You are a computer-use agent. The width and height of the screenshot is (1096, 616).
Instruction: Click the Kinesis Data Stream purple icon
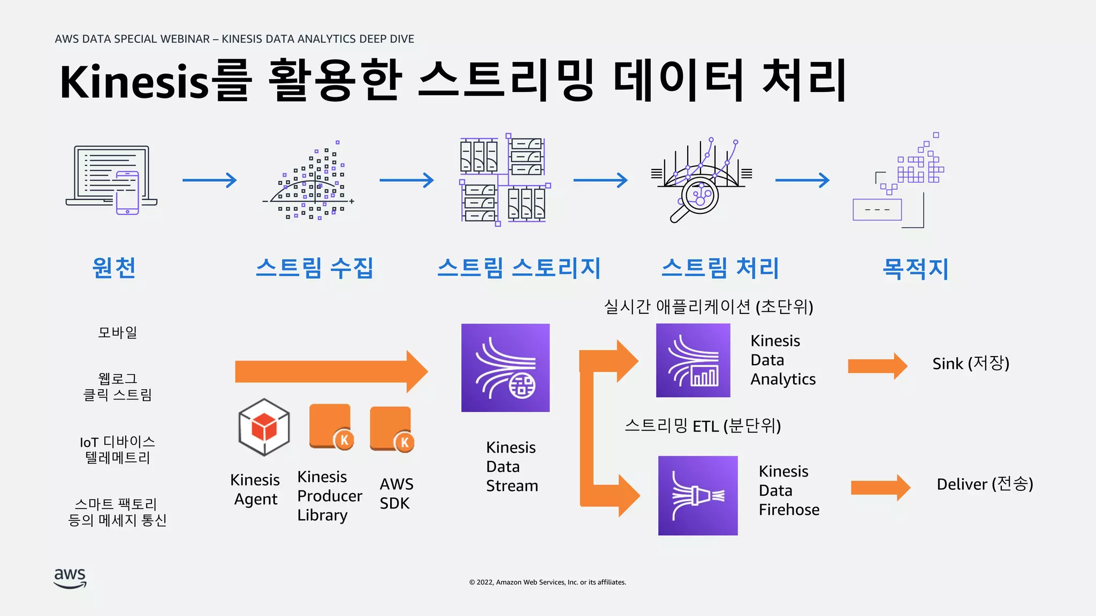tap(505, 368)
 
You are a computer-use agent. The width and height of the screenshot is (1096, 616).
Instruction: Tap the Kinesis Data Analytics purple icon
tap(693, 360)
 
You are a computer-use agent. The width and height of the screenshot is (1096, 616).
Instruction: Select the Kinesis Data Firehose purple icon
tap(698, 495)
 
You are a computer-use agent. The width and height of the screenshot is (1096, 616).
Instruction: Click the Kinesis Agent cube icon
tap(264, 427)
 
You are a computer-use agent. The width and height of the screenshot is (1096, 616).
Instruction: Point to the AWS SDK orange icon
tap(392, 429)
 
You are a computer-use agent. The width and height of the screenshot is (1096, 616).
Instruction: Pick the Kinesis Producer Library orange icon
tap(331, 426)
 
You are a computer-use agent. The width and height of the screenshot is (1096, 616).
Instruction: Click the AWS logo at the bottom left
tap(70, 578)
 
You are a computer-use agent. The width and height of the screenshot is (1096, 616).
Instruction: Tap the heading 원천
tap(114, 268)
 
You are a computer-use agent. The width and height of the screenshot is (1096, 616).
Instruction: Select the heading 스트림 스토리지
tap(519, 268)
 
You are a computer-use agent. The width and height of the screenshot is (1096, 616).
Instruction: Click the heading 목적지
tap(915, 268)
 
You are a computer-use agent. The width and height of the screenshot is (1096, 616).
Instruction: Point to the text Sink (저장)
tap(971, 364)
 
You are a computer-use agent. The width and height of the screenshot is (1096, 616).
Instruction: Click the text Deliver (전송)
tap(985, 484)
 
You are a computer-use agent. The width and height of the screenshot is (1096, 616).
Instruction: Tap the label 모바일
tap(118, 333)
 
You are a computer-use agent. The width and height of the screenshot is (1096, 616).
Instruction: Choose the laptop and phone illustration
tap(112, 180)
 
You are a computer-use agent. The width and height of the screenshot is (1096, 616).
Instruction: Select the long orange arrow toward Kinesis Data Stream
tap(331, 372)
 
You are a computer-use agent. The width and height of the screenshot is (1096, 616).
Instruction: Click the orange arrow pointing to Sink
tap(877, 366)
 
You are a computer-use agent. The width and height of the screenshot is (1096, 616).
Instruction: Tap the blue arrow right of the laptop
tap(209, 180)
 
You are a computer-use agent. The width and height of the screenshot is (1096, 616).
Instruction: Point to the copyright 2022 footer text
tap(547, 582)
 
